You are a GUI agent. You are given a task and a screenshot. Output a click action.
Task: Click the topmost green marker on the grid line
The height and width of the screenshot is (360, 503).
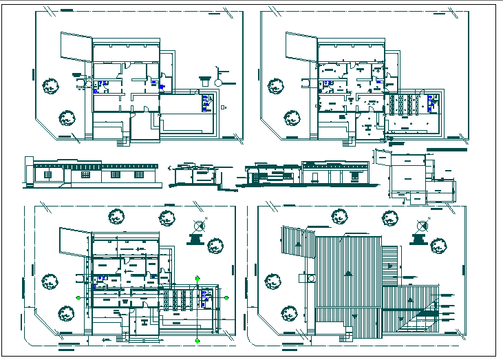[x=198, y=277]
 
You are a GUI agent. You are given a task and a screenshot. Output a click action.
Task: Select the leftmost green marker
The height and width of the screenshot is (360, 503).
[x=80, y=298]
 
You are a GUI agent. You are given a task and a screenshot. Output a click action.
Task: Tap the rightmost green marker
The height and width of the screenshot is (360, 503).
[x=227, y=298]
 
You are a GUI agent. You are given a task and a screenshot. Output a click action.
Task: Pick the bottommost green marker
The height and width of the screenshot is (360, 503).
[x=198, y=339]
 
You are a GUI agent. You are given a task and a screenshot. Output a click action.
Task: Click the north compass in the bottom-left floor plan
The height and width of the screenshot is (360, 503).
[x=200, y=225]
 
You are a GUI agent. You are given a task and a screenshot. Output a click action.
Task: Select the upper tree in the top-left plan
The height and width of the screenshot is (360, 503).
[x=50, y=87]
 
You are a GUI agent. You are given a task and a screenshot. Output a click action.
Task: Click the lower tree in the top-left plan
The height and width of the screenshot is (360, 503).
[x=67, y=118]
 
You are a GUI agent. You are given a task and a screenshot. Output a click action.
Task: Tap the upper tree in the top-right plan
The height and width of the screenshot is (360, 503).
[x=276, y=86]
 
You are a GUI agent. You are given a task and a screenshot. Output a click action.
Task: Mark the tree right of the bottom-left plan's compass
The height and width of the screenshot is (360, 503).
[x=216, y=244]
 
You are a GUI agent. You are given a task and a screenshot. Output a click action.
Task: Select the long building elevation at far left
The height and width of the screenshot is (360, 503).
[x=92, y=173]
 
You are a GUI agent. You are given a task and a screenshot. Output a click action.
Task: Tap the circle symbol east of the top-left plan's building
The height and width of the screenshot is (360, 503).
[x=218, y=82]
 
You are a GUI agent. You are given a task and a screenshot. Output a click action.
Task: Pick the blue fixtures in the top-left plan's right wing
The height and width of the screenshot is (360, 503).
[x=205, y=103]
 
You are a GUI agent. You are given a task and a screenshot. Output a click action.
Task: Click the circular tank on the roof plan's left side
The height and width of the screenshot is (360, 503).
[x=306, y=277]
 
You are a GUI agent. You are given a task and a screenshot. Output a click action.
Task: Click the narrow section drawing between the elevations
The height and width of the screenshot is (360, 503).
[x=195, y=175]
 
